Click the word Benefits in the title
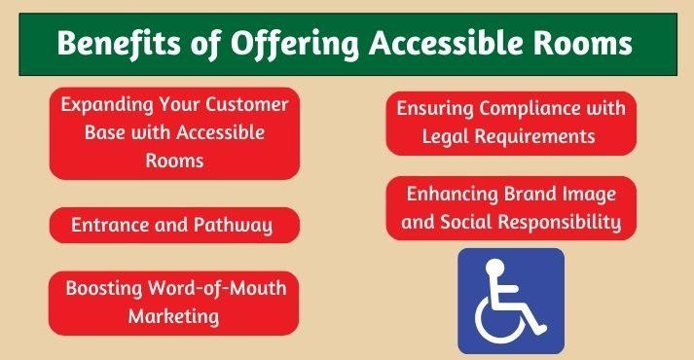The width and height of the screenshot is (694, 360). (113, 45)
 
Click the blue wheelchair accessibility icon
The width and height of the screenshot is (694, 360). (511, 301)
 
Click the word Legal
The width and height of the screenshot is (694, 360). (446, 136)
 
